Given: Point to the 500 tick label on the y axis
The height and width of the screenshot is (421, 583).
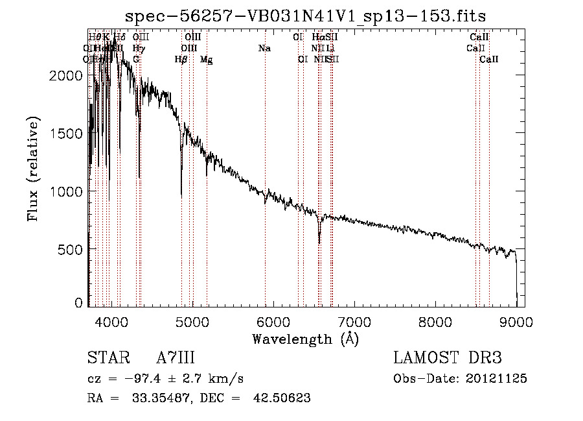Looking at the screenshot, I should point(71,250).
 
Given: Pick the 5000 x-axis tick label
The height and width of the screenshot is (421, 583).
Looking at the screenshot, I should point(192,322).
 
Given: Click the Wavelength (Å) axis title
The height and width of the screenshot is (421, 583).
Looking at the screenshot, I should point(305,339).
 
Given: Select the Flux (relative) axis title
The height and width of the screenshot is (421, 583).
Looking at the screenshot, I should point(34,170).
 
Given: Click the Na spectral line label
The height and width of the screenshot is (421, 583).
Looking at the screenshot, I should point(264,48).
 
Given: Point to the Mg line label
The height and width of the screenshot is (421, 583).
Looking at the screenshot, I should point(206,60).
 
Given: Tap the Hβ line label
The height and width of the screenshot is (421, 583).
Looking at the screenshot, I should point(181,59).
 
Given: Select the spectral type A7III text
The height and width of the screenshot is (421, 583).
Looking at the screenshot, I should point(176,358).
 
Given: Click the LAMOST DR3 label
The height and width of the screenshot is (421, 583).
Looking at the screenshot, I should point(447,358).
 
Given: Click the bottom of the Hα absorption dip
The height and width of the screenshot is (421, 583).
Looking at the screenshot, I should point(319,243).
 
